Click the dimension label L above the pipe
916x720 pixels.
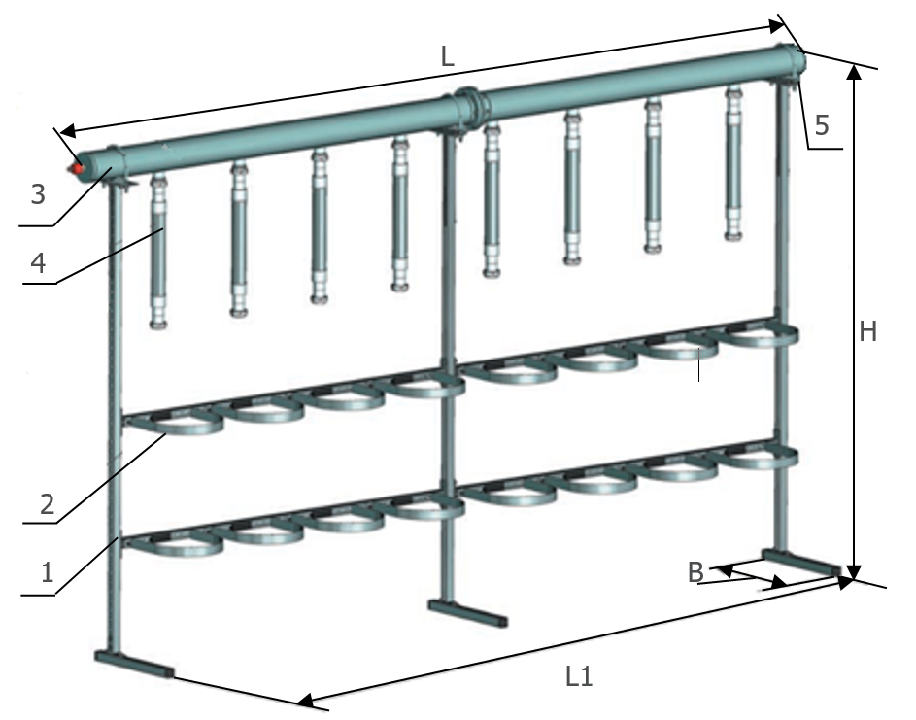tap(447, 56)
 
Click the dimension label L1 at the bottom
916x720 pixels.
tap(579, 676)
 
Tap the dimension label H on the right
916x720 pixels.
tap(868, 332)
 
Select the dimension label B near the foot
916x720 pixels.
tap(695, 572)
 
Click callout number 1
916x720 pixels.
tap(48, 571)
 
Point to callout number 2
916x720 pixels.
tap(48, 503)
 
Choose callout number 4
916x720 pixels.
tap(38, 263)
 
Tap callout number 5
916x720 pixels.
tap(822, 125)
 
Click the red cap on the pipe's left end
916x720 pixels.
tap(77, 168)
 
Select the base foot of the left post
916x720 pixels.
tap(134, 664)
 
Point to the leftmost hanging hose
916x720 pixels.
tap(157, 253)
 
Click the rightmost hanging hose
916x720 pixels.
tap(733, 163)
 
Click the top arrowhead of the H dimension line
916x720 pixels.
tap(854, 72)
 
